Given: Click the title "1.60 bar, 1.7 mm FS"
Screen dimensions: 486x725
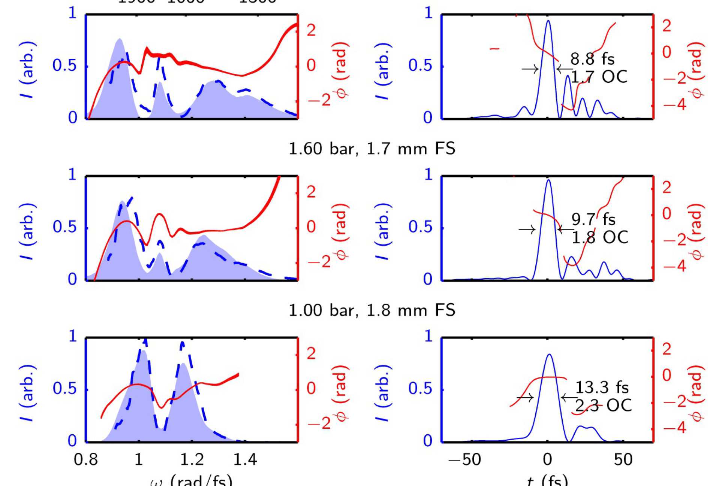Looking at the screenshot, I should pyautogui.click(x=372, y=149).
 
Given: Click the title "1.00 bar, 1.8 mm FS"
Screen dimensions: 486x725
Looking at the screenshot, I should pyautogui.click(x=372, y=310).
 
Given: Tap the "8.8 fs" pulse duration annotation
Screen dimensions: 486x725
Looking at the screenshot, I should pyautogui.click(x=592, y=59).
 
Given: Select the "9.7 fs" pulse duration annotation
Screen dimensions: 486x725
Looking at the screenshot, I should pyautogui.click(x=593, y=219).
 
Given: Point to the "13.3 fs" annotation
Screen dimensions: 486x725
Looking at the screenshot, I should pyautogui.click(x=602, y=387).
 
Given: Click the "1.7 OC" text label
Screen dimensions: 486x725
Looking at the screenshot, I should pyautogui.click(x=599, y=77).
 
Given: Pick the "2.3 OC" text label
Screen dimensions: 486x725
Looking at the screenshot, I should pyautogui.click(x=603, y=405).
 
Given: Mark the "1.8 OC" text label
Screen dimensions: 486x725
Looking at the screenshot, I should pyautogui.click(x=599, y=237).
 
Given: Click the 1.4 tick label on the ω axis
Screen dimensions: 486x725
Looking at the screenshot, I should pyautogui.click(x=245, y=459).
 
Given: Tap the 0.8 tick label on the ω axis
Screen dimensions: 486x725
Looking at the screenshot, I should pyautogui.click(x=86, y=459).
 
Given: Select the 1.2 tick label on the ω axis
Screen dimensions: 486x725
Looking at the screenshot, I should pyautogui.click(x=192, y=459).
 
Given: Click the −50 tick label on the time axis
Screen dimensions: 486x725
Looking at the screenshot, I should pyautogui.click(x=465, y=459).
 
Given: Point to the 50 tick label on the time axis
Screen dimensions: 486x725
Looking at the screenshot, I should pyautogui.click(x=623, y=459).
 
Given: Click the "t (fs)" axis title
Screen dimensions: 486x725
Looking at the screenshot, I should pyautogui.click(x=547, y=480).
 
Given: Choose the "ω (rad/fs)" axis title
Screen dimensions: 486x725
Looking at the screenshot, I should pyautogui.click(x=191, y=480).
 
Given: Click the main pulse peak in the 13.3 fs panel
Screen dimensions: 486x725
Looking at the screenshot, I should pyautogui.click(x=550, y=355).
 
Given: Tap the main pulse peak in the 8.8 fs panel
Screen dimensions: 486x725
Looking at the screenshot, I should pyautogui.click(x=548, y=21).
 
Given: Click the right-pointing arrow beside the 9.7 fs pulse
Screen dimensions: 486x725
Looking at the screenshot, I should pyautogui.click(x=527, y=229).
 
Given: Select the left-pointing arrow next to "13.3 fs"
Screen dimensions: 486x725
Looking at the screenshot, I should pyautogui.click(x=569, y=398).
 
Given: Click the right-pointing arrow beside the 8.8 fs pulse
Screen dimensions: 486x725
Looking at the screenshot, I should pyautogui.click(x=530, y=69).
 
